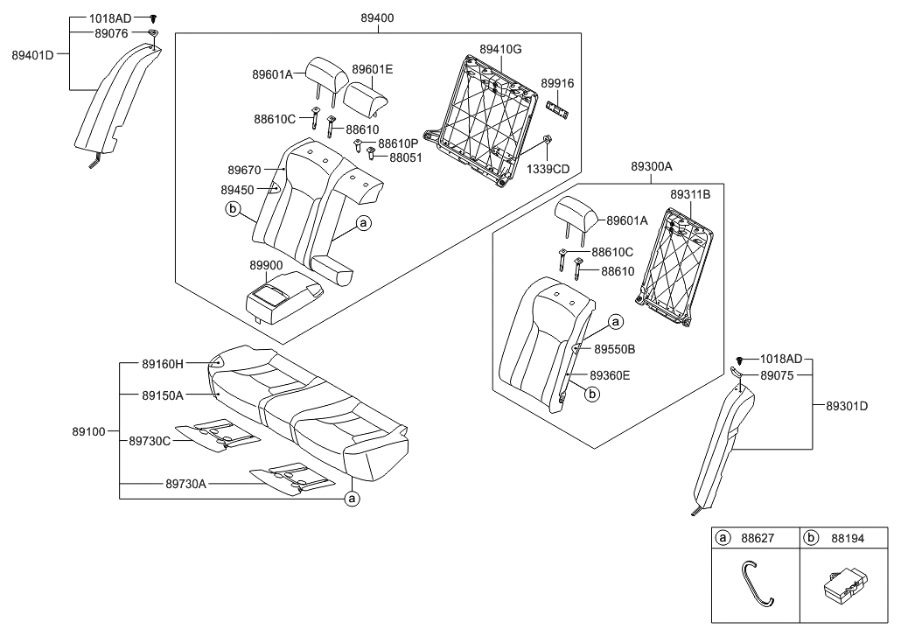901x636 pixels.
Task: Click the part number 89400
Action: (x=378, y=17)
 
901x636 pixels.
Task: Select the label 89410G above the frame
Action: (x=500, y=50)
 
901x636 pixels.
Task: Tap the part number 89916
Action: (x=557, y=83)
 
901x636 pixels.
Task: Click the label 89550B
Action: (x=615, y=348)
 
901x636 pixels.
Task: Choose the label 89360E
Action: (x=610, y=375)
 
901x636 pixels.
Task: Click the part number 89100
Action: (x=87, y=431)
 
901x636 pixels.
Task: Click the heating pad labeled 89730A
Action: (x=293, y=478)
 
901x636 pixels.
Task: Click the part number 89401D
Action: (x=32, y=54)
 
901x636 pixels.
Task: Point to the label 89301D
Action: (x=847, y=406)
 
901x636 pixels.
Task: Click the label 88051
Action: (x=404, y=158)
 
